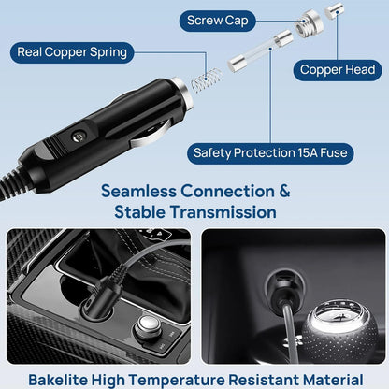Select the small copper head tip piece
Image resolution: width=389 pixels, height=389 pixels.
click(333, 8)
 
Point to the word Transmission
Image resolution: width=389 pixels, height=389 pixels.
click(224, 212)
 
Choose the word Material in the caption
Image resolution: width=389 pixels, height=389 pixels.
click(326, 379)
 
